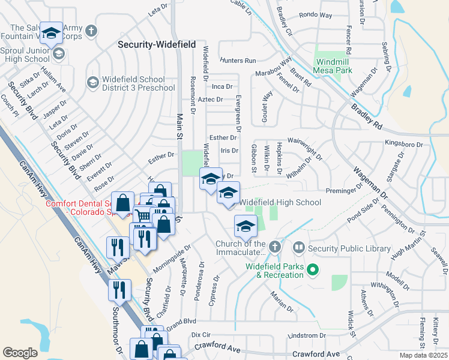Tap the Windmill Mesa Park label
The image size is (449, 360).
click(x=334, y=66)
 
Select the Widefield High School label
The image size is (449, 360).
click(x=280, y=203)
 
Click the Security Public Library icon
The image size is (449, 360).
click(x=298, y=247)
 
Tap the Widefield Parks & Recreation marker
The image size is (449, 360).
click(x=312, y=271)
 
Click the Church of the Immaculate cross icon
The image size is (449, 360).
click(x=274, y=247)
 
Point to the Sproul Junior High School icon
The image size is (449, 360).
click(x=58, y=55)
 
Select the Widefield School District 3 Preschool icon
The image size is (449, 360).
click(x=92, y=82)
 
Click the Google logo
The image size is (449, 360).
click(x=20, y=353)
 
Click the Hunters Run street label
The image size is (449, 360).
click(x=238, y=61)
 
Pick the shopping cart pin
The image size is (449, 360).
click(x=143, y=216)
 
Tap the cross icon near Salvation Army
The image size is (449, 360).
click(x=91, y=31)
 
